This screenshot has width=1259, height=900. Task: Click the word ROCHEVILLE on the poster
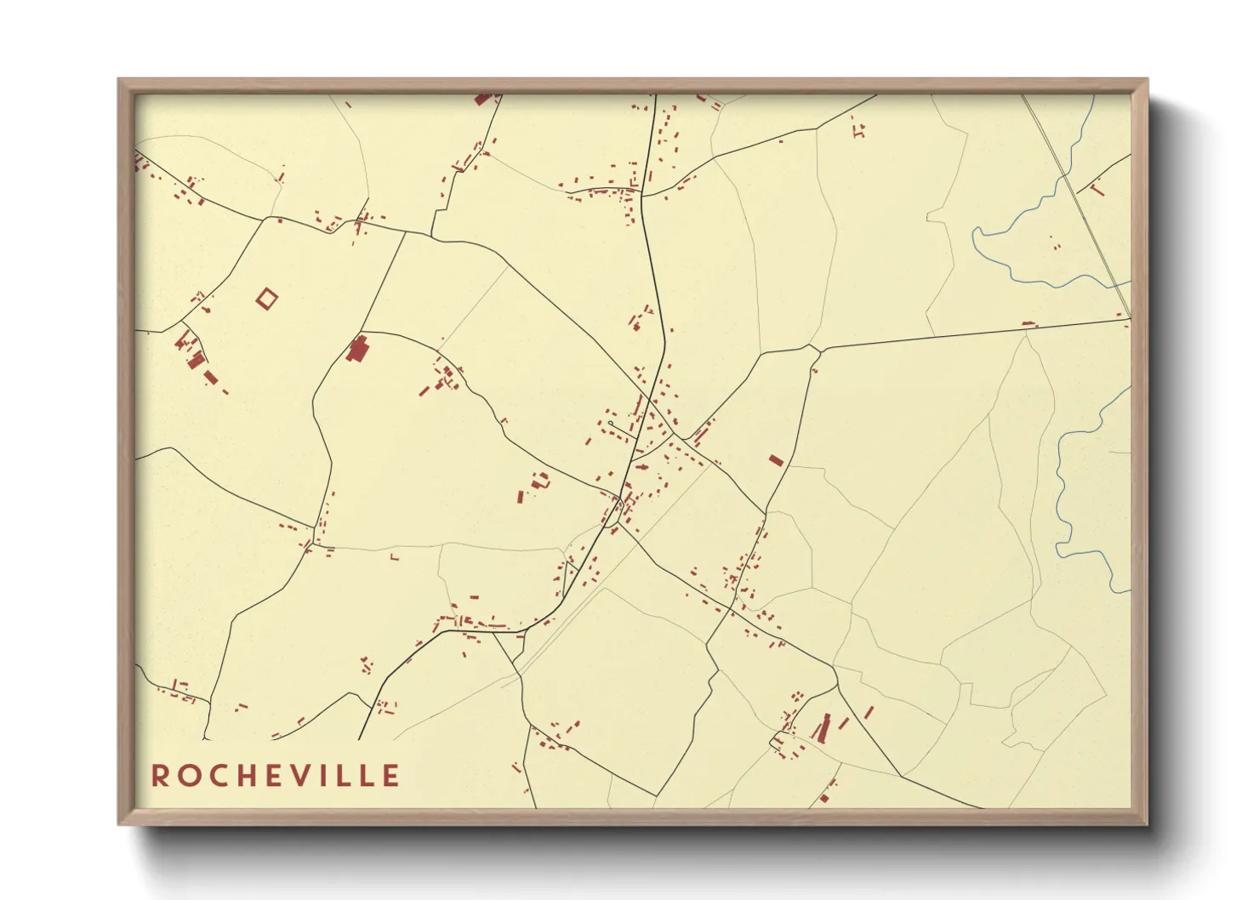pos(276,776)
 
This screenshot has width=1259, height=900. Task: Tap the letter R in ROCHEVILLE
pos(160,776)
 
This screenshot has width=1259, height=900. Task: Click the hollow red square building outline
pos(267,299)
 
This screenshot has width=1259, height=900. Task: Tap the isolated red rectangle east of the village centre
pos(775,460)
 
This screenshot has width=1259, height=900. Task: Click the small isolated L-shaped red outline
pos(394,557)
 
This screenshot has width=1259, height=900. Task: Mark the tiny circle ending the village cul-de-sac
pos(611,423)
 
